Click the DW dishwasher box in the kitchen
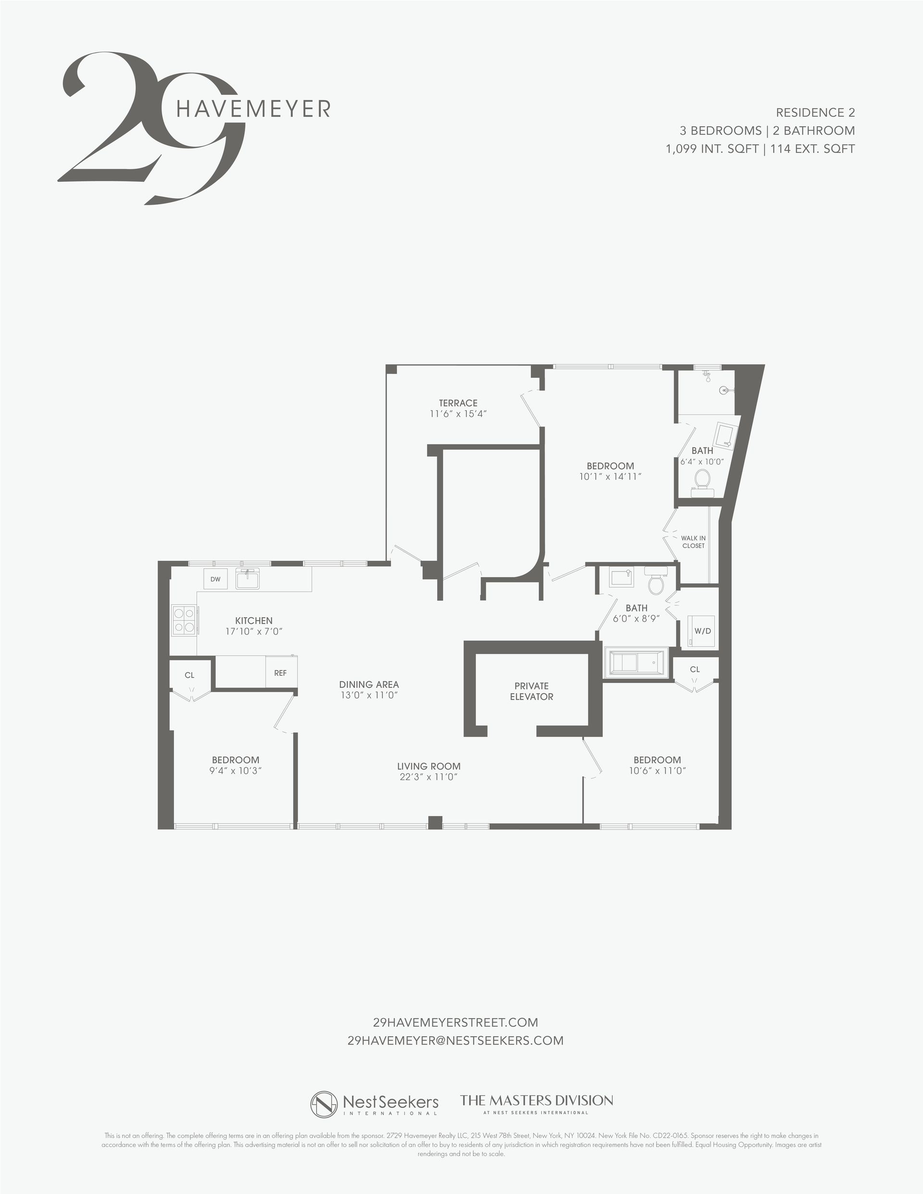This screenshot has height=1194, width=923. coord(215,579)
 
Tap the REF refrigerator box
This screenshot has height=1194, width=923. coord(281,673)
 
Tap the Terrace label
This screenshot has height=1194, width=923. coord(458,403)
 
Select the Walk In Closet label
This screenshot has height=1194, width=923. coord(693,542)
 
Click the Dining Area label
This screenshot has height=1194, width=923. coord(369,684)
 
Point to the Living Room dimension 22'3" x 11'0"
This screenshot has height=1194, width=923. coord(429,777)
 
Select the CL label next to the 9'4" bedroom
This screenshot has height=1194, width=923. coord(189,675)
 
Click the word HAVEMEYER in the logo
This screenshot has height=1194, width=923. coord(254,109)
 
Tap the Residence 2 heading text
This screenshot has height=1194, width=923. coord(815,112)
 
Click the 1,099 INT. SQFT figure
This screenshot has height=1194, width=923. coord(711,149)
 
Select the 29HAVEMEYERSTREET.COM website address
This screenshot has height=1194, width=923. coord(455,1022)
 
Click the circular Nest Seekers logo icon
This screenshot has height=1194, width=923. coord(324,1104)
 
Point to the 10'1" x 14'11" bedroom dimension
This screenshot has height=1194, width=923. coord(610,476)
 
